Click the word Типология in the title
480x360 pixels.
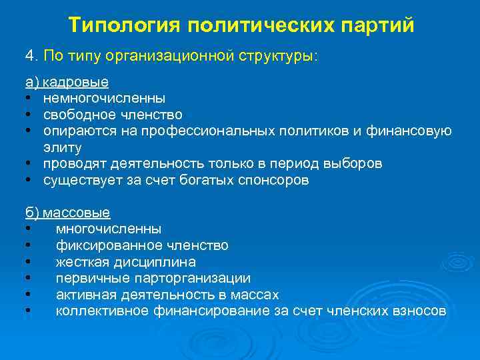pos(125,25)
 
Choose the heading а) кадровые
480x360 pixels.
pos(67,83)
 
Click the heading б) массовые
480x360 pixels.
pos(68,213)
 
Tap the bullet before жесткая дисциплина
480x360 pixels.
pos(28,262)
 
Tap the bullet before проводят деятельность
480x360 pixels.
pos(28,164)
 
